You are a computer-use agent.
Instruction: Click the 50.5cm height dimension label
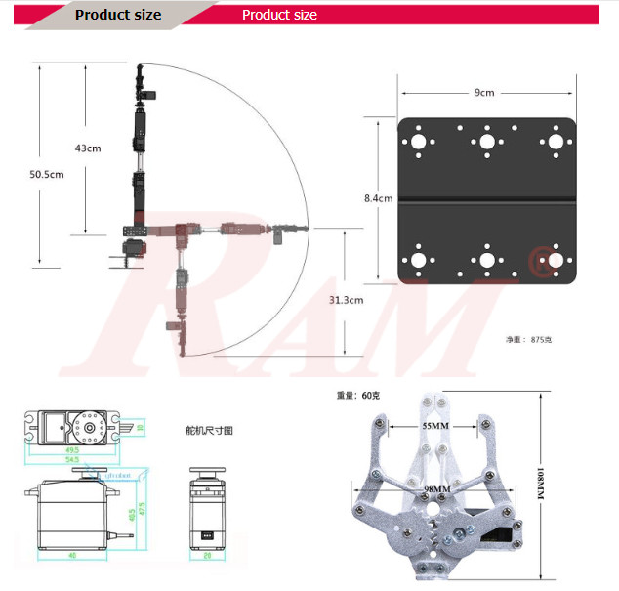click(46, 174)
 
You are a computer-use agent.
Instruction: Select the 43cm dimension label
click(88, 148)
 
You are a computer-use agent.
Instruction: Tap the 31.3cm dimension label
click(346, 300)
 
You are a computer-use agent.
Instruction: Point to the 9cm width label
click(484, 93)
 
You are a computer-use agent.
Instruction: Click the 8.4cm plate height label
click(378, 198)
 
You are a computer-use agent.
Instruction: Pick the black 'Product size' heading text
click(118, 15)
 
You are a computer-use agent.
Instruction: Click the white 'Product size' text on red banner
click(279, 15)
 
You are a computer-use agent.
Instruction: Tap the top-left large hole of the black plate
click(418, 141)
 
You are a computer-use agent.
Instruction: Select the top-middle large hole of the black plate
click(486, 141)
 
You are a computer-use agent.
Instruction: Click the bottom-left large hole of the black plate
click(418, 261)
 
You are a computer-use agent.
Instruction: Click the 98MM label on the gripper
click(436, 488)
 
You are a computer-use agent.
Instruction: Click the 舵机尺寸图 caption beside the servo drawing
click(209, 430)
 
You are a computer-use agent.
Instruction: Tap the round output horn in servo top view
click(91, 426)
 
